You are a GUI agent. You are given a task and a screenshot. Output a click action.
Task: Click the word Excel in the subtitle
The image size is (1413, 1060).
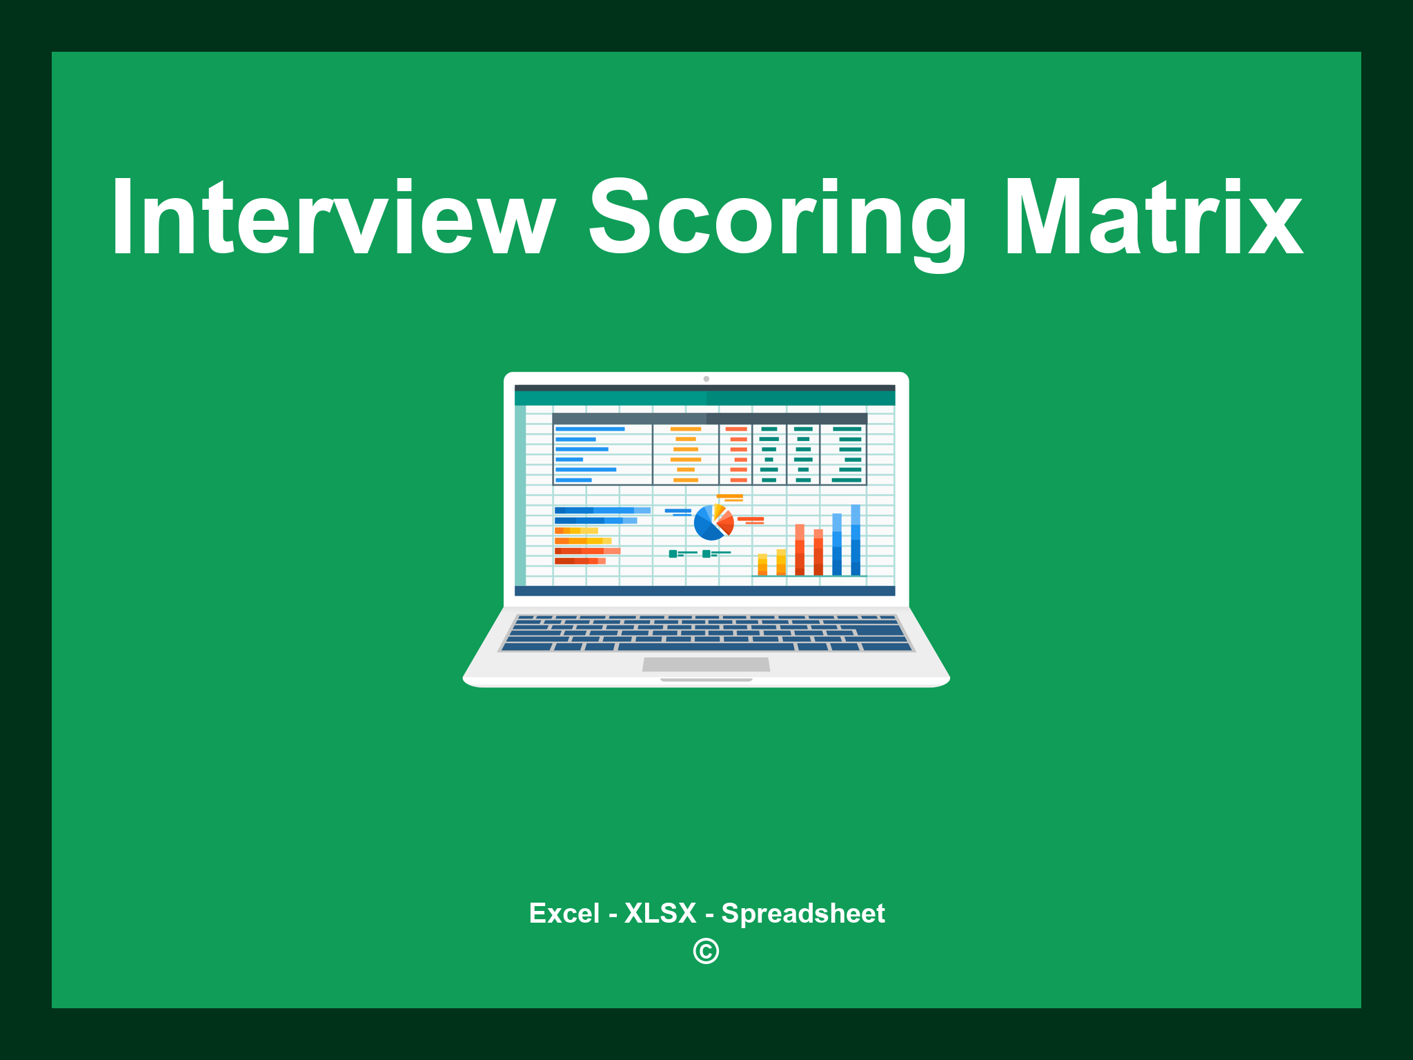[564, 914]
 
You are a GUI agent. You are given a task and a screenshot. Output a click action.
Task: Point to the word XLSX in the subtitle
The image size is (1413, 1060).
[660, 914]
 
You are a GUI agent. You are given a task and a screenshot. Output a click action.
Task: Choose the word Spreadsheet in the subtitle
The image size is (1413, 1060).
[803, 914]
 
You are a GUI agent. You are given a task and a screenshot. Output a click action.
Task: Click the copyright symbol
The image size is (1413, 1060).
[706, 952]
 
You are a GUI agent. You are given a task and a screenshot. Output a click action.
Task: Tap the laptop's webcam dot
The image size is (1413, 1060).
[706, 379]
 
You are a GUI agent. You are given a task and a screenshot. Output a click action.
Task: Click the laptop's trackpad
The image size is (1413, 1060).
[706, 665]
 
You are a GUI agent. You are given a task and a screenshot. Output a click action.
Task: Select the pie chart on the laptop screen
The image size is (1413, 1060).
[712, 523]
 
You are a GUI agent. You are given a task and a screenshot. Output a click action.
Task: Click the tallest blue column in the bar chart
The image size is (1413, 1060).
[856, 540]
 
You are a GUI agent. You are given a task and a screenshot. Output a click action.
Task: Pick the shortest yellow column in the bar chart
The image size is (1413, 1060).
[762, 565]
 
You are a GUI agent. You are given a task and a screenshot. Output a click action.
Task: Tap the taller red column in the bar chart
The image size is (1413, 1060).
[800, 549]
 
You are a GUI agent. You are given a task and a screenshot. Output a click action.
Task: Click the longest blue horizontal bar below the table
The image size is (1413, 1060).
[602, 511]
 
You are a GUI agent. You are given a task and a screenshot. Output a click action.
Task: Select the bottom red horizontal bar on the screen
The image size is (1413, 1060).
[580, 561]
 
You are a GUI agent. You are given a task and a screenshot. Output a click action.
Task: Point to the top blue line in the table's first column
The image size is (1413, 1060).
[590, 429]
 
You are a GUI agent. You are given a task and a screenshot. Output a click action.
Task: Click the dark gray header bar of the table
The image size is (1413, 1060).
[709, 419]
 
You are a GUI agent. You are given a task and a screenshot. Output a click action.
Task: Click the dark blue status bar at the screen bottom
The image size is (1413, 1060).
[704, 591]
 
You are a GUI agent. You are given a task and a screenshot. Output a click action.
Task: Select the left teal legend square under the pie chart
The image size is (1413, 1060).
[673, 554]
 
